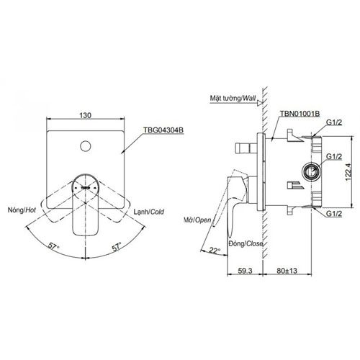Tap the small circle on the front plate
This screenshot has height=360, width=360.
tap(86, 147)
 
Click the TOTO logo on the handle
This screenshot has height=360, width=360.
tap(86, 186)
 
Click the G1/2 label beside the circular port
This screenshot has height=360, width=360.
tap(333, 156)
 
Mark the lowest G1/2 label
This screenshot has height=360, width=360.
tap(333, 214)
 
